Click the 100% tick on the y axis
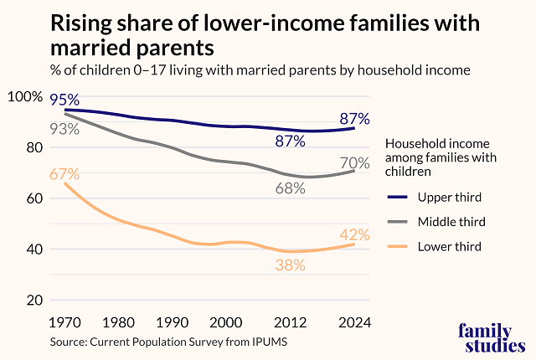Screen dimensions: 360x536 [24, 97]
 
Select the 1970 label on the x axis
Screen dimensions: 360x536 [64, 323]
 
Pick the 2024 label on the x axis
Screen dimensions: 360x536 [354, 323]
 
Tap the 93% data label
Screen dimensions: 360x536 [64, 129]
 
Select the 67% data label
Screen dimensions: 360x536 [64, 174]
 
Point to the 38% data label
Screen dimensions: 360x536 [291, 265]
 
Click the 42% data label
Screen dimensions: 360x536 [356, 234]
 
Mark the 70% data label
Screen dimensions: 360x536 [356, 162]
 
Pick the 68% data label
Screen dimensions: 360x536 [291, 188]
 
